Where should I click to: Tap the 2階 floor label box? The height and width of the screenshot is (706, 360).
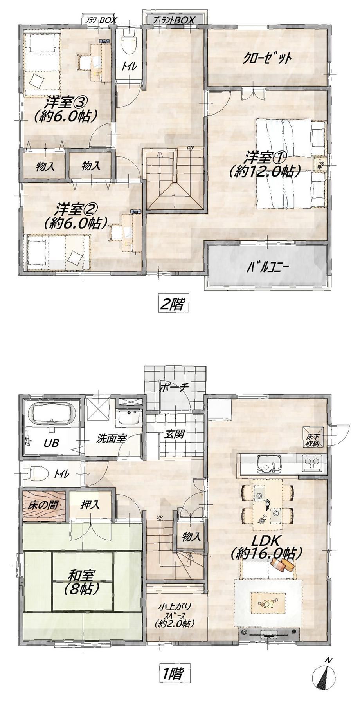pyautogui.click(x=171, y=303)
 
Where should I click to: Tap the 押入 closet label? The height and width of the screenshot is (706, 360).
pyautogui.click(x=90, y=505)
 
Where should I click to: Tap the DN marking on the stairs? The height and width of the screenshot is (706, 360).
pyautogui.click(x=191, y=148)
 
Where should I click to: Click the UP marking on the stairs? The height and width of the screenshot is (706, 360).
pyautogui.click(x=159, y=518)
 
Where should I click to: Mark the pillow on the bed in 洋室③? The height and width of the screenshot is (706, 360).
pyautogui.click(x=36, y=81)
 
